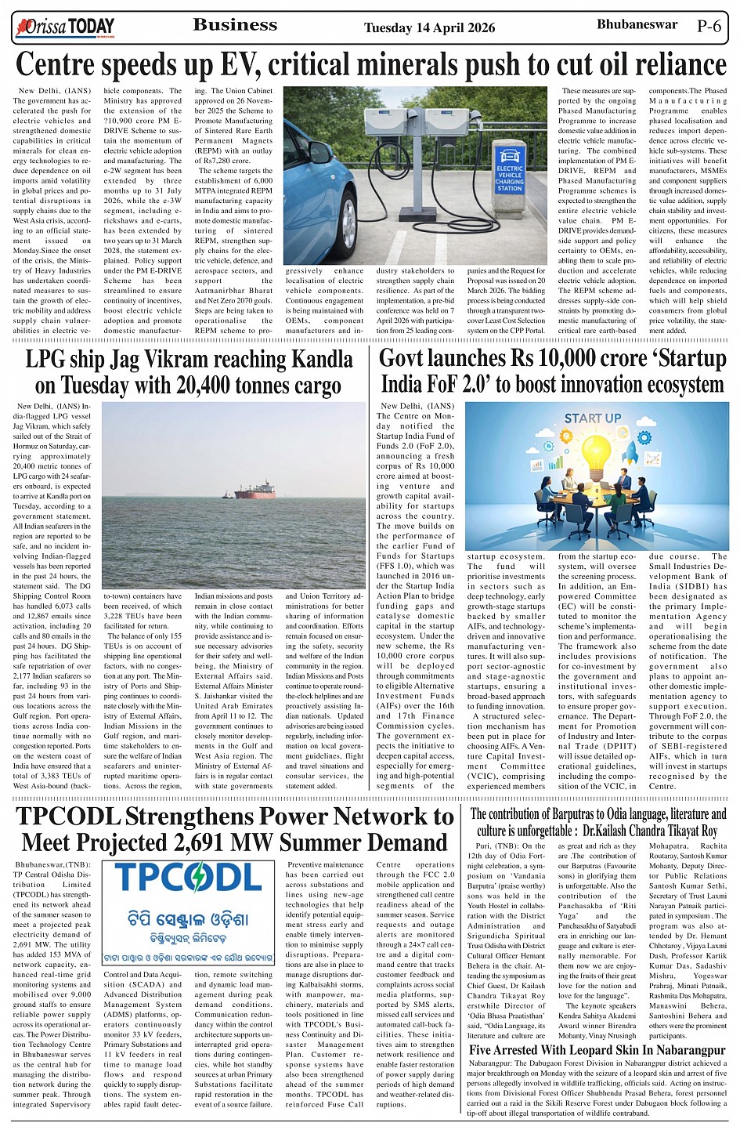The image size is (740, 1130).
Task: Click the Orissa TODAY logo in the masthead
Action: coord(64,28)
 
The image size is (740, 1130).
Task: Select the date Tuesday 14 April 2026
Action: coord(429,28)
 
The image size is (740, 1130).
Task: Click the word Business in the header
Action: coord(235,25)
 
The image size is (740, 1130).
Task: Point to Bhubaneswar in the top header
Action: coord(637,25)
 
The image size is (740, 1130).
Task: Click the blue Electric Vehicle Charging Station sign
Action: coord(509,173)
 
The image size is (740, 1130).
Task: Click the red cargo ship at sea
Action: coord(254,491)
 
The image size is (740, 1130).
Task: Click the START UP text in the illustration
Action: coord(593,418)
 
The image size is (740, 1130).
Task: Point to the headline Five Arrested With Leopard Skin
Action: coord(597,1049)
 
